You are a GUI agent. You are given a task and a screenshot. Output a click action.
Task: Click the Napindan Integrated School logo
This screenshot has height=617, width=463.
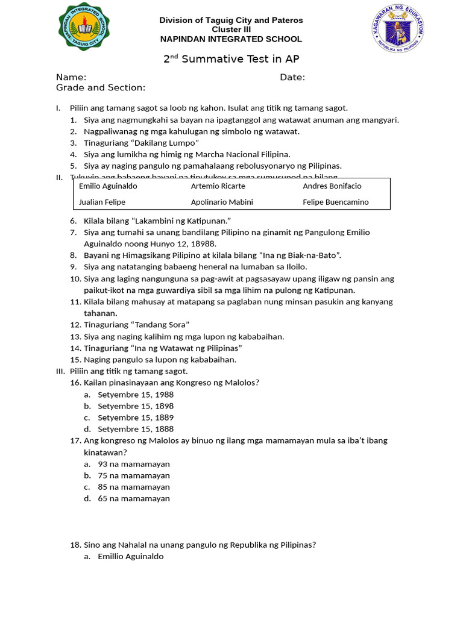(x=84, y=27)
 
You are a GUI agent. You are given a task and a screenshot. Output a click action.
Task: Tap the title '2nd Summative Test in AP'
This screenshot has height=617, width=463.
(x=231, y=59)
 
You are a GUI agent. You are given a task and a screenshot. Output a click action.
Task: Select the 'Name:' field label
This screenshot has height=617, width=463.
(x=71, y=77)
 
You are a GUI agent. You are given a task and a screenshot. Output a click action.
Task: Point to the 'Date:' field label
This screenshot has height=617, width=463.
(x=292, y=77)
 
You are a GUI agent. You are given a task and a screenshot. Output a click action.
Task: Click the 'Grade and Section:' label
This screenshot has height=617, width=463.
(x=101, y=88)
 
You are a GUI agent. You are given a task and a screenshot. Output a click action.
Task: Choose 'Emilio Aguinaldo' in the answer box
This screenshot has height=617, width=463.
(x=108, y=186)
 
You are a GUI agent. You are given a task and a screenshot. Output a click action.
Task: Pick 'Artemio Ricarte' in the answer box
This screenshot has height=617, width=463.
(x=218, y=186)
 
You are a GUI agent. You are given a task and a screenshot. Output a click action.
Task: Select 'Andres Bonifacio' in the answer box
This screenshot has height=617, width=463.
(x=332, y=186)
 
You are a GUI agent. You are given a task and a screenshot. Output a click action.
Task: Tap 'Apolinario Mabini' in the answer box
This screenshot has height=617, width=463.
(x=222, y=202)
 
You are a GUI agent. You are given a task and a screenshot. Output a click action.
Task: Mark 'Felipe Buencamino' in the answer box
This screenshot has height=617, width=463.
(x=336, y=202)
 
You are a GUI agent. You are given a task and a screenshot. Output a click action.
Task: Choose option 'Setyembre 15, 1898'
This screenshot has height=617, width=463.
(x=136, y=406)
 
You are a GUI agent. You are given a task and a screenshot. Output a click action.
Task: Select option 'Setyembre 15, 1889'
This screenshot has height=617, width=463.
(x=136, y=418)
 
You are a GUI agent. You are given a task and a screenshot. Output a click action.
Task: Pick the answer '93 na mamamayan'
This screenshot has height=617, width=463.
(x=134, y=464)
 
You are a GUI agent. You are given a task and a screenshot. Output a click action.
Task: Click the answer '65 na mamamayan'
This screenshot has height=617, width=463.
(x=134, y=498)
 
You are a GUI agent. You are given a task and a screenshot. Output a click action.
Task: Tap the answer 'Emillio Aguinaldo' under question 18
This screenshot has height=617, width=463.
(x=131, y=557)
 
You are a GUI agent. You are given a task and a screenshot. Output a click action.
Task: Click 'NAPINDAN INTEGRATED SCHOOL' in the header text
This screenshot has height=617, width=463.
(x=231, y=39)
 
